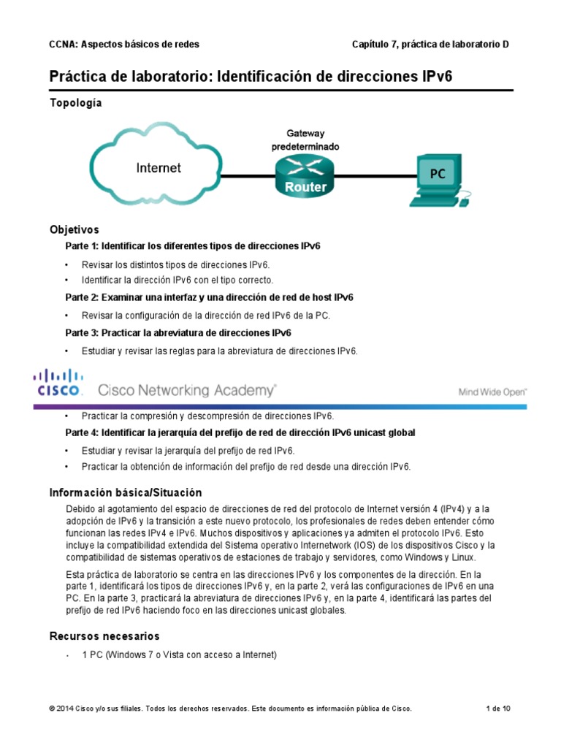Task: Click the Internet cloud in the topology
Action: click(x=159, y=169)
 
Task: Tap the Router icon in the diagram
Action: click(x=305, y=176)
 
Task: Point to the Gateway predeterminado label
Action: click(x=305, y=140)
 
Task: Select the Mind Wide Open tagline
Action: click(x=492, y=392)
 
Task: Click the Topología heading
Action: click(x=75, y=103)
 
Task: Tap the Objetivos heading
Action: click(x=74, y=229)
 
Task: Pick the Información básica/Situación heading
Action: click(x=125, y=492)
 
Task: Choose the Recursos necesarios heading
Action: click(x=104, y=636)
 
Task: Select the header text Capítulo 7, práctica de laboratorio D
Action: click(x=430, y=45)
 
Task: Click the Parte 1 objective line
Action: click(x=193, y=245)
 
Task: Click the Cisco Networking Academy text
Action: click(x=187, y=390)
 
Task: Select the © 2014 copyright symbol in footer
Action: click(x=52, y=709)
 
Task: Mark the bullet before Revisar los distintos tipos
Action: click(x=67, y=264)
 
